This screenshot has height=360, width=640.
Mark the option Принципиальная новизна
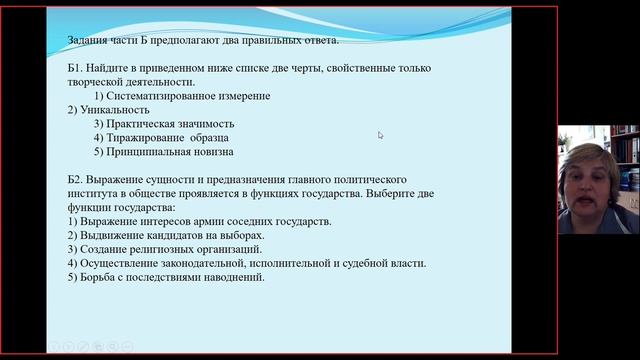(x=177, y=152)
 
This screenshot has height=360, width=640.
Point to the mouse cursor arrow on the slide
(x=380, y=134)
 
